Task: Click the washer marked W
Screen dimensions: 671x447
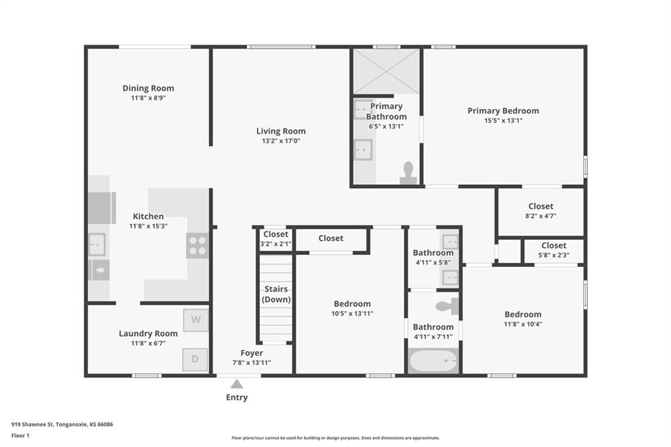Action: coord(196,320)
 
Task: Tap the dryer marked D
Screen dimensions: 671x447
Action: coord(195,359)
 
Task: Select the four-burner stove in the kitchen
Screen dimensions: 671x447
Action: coord(197,245)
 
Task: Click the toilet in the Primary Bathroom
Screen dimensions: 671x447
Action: coord(408,173)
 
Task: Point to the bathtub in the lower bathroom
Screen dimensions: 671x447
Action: coord(433,361)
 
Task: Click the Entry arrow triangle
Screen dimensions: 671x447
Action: coord(237,383)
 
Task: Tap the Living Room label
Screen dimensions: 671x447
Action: coord(281,131)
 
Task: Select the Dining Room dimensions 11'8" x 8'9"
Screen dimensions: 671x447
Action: coord(149,98)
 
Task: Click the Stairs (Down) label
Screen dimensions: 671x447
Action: coord(276,294)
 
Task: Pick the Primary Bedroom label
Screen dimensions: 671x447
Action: coord(503,111)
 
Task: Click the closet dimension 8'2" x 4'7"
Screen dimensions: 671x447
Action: coord(541,216)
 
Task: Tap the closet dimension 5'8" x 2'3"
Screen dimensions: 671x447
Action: coord(554,255)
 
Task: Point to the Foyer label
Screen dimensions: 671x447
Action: coord(252,353)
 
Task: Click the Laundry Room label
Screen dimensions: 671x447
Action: coord(148,334)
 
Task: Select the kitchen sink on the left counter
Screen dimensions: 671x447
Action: coord(97,244)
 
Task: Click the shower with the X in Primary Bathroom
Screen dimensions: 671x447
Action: coord(386,71)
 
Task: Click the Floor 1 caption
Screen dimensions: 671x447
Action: coord(20,435)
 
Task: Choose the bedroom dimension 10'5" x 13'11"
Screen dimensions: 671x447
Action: coord(352,313)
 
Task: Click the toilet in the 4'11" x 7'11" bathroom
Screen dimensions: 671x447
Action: coord(447,306)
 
